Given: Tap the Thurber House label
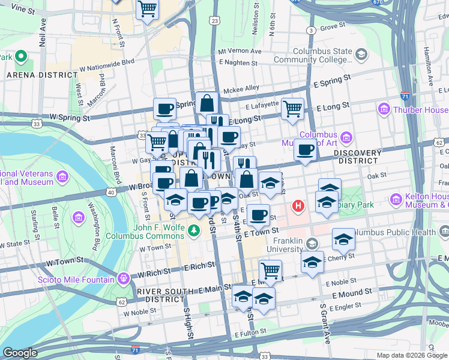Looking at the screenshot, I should pyautogui.click(x=419, y=110).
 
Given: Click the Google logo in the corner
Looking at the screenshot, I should pyautogui.click(x=20, y=353).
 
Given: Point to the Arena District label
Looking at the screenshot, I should pyautogui.click(x=38, y=75).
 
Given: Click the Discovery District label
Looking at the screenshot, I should pyautogui.click(x=359, y=157).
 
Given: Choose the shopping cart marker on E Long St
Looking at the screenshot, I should pyautogui.click(x=292, y=109).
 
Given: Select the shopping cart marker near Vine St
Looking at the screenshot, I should pyautogui.click(x=147, y=9).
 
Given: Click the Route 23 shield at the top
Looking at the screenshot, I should pyautogui.click(x=214, y=21).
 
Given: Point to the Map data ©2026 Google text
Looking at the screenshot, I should pyautogui.click(x=411, y=355).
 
